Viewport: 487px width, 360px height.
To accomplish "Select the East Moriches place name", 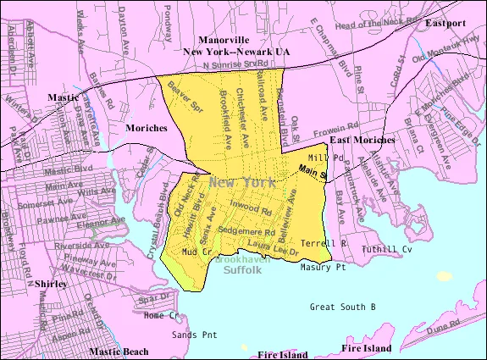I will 362,139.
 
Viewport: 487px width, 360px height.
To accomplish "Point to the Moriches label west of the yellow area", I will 141,127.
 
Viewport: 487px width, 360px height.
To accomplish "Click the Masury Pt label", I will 323,267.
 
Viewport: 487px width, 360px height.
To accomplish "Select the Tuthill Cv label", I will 386,249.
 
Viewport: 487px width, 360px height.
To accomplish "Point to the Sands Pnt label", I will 195,335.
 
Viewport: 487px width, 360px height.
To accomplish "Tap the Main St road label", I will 313,172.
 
